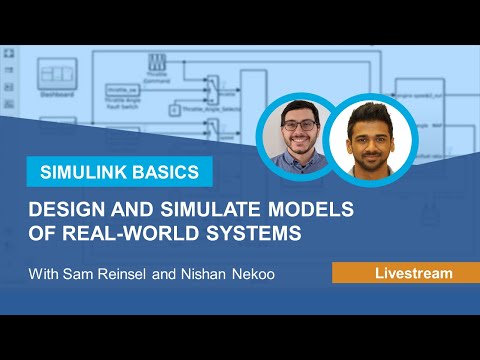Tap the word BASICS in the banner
click(164, 171)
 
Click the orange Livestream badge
click(405, 272)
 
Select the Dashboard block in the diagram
click(50, 81)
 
